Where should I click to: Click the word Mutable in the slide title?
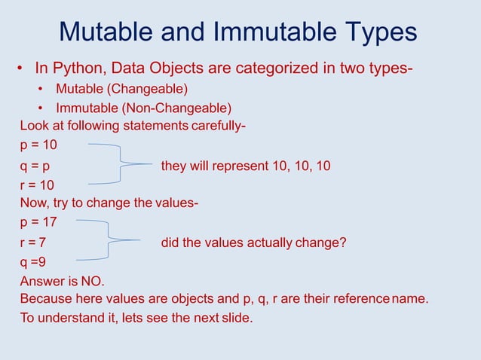[x=108, y=32]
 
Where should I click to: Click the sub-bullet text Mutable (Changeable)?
[x=127, y=90]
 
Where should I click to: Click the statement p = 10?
[x=38, y=145]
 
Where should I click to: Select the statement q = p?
[x=35, y=166]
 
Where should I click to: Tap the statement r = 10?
[x=37, y=185]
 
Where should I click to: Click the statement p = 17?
[x=38, y=223]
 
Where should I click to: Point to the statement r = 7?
[x=33, y=243]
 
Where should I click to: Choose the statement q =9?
[x=32, y=263]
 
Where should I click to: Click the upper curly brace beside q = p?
[x=113, y=163]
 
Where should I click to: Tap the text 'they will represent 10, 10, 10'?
[x=245, y=166]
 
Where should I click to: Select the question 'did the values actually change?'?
[x=253, y=243]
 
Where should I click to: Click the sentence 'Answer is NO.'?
[x=62, y=282]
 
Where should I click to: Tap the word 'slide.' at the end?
[x=234, y=318]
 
